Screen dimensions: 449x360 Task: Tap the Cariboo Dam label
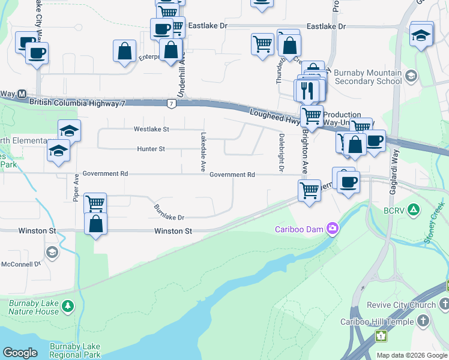tap(299, 229)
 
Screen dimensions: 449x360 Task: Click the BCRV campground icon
tap(413, 209)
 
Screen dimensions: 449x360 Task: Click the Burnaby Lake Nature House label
tap(34, 307)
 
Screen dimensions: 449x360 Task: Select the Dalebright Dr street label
tap(280, 152)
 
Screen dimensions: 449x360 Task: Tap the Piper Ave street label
tap(76, 188)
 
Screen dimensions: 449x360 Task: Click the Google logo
tap(20, 353)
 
